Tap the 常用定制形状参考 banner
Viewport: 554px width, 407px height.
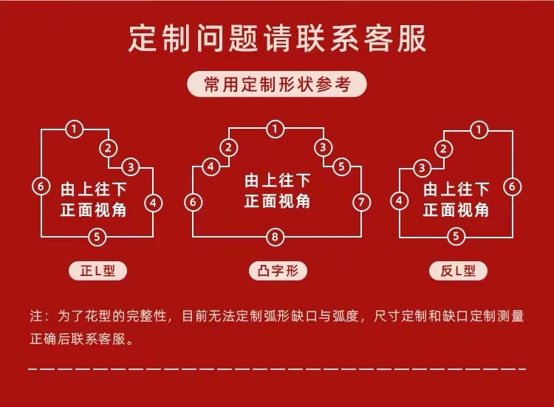[x=277, y=84]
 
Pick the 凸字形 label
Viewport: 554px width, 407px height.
[x=277, y=272]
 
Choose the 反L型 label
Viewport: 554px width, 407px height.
[x=457, y=272]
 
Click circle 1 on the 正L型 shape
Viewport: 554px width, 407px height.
[x=73, y=129]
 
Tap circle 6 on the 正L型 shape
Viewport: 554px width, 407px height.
[x=41, y=186]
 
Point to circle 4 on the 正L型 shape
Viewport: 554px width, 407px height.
[x=152, y=202]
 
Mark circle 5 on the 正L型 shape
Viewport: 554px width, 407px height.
[x=97, y=237]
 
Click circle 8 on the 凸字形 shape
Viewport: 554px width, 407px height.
[x=276, y=237]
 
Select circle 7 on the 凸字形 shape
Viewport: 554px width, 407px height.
[x=360, y=202]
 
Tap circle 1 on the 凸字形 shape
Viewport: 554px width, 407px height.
[x=276, y=129]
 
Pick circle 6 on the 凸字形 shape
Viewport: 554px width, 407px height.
[x=193, y=202]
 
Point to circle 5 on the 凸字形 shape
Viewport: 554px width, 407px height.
[x=341, y=166]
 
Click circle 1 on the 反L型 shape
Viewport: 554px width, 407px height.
[x=481, y=129]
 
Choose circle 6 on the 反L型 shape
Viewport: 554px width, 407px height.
[x=512, y=186]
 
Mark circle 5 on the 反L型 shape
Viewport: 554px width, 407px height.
[x=457, y=237]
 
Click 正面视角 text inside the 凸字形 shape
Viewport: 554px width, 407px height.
[x=277, y=202]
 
